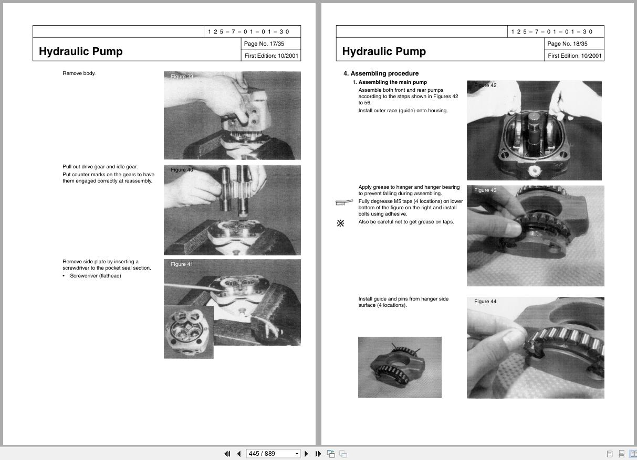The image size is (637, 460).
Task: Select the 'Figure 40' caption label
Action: [x=182, y=170]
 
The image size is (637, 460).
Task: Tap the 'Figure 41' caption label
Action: [x=182, y=264]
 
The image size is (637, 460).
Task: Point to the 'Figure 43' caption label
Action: [x=485, y=190]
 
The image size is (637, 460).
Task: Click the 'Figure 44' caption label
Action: [x=485, y=302]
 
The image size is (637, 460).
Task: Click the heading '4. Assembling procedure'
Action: [x=381, y=73]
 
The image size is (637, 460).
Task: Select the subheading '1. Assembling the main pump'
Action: [x=390, y=82]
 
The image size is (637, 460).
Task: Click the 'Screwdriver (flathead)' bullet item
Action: [x=95, y=276]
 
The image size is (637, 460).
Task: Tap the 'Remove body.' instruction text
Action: [x=79, y=73]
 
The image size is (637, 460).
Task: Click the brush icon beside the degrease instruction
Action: [x=344, y=202]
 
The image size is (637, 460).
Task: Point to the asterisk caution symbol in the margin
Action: [x=340, y=223]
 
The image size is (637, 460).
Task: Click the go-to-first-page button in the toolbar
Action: [x=227, y=454]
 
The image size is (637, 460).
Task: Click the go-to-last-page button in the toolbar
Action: [x=318, y=454]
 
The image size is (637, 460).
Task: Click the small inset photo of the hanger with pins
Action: [x=400, y=367]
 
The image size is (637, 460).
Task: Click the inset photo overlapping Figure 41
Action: [x=189, y=332]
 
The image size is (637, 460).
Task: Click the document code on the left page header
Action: [x=248, y=31]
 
